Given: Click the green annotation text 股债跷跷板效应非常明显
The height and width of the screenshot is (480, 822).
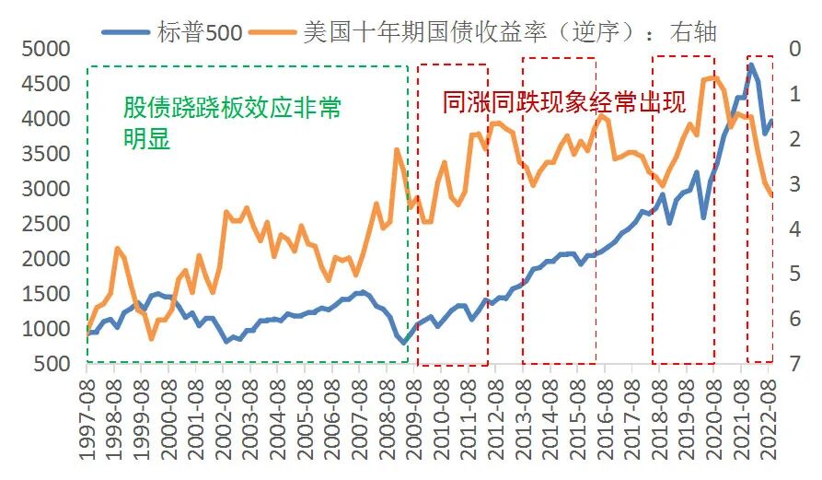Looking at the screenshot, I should tap(232, 123).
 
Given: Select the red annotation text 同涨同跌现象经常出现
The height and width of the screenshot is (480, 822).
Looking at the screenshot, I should tap(563, 103).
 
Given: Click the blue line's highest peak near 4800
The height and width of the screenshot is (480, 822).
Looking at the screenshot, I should tap(751, 64).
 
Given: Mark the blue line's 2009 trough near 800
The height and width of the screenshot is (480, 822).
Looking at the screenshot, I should tap(403, 343).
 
